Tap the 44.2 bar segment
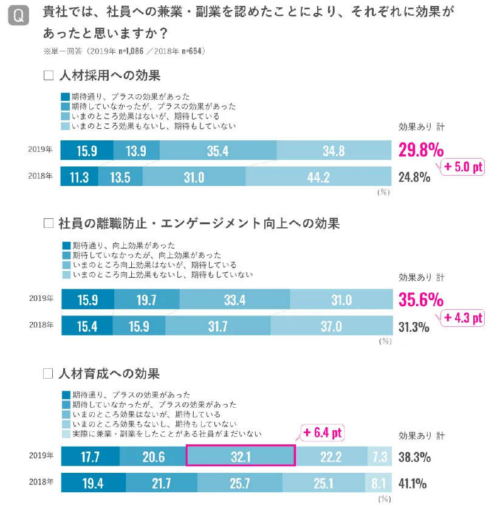pos(318,177)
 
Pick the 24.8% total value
pos(414,177)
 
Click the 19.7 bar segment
pos(146,300)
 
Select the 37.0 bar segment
pos(330,326)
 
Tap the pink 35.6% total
pos(420,300)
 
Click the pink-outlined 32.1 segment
pos(240,456)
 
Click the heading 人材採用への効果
pos(110,76)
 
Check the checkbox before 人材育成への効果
pos(49,373)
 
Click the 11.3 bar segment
pos(79,177)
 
